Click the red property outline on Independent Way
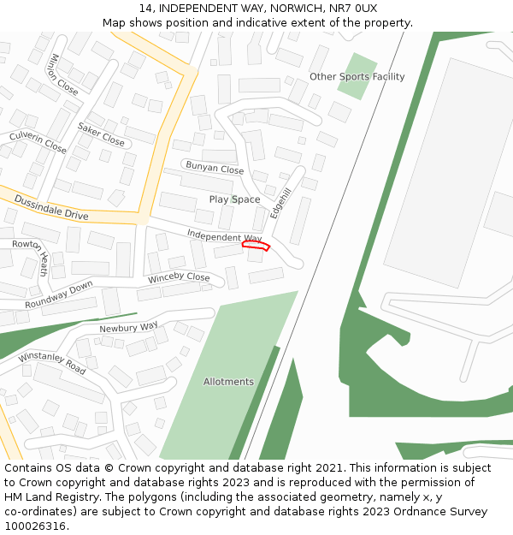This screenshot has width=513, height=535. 256,246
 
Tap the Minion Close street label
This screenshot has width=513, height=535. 64,74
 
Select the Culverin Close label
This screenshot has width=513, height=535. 38,142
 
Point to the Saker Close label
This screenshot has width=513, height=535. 101,134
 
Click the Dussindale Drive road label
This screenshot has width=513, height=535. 51,207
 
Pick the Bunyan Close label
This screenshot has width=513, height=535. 215,168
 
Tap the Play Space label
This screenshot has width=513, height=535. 234,199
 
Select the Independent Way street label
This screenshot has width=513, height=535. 224,236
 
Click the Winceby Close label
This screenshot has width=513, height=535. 179,278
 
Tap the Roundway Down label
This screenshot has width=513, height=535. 59,294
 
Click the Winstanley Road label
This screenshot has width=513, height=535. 52,363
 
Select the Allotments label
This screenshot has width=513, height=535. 228,382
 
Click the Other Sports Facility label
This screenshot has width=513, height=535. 357,77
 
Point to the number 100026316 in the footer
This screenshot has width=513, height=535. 35,526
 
